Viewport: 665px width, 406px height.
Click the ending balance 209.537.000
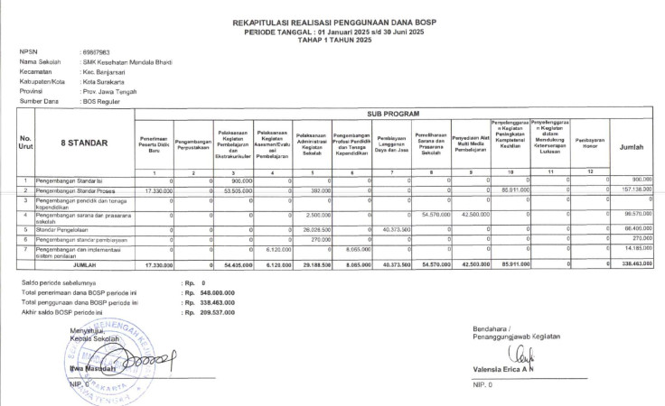click(x=210, y=313)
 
